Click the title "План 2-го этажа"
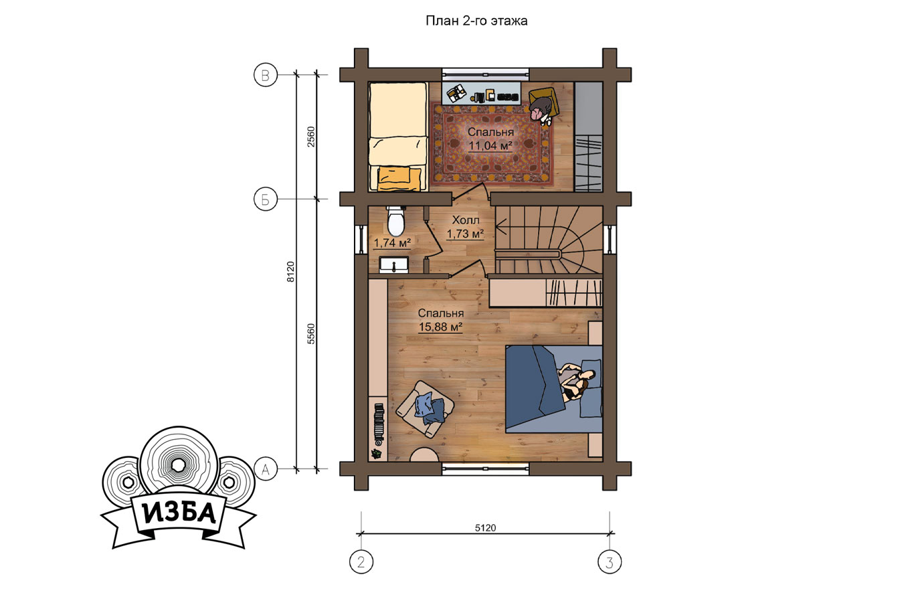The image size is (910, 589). (476, 21)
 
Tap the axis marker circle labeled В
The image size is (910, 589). (265, 75)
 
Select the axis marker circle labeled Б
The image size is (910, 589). (265, 199)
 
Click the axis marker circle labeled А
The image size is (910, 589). (265, 469)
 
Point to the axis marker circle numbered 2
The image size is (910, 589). (361, 562)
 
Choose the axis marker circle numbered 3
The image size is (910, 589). (610, 562)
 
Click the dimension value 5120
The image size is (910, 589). (486, 527)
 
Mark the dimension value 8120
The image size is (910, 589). (290, 272)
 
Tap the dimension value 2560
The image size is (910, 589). (310, 137)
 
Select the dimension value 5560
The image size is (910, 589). (310, 334)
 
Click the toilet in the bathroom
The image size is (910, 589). (395, 221)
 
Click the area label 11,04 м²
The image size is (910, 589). (490, 145)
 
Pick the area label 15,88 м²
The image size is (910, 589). (441, 327)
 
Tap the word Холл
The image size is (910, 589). (466, 220)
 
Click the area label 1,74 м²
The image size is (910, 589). (392, 243)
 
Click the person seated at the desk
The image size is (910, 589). (541, 111)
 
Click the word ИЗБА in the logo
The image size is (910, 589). (179, 513)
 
